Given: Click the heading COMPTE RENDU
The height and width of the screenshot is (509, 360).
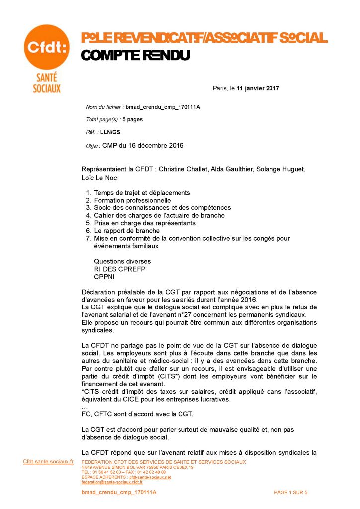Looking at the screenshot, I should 135,56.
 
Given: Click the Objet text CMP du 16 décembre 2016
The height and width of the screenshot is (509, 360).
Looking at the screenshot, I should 143,146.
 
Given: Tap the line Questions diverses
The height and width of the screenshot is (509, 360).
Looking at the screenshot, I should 122,261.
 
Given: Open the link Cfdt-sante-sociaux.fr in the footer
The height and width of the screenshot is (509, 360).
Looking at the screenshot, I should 48,461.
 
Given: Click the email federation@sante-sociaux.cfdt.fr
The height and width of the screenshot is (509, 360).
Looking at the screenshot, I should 112,482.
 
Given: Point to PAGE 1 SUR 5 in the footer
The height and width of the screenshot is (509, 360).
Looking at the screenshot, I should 290,492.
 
